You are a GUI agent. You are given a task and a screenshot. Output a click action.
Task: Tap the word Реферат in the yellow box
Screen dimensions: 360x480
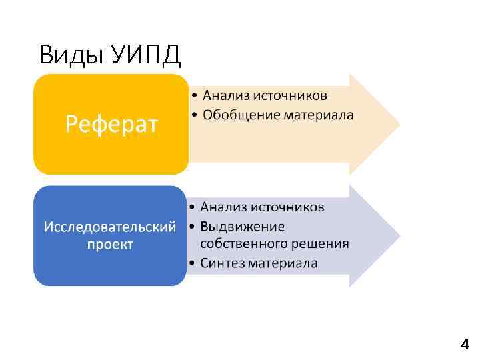tap(111, 124)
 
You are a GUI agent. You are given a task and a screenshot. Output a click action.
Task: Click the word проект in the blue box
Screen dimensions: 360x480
tap(110, 244)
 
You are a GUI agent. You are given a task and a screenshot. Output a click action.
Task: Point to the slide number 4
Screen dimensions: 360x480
tap(465, 345)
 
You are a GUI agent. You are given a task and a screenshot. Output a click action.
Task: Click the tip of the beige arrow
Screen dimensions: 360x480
tap(398, 124)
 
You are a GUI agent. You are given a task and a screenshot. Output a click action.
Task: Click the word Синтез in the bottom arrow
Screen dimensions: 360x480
tap(222, 263)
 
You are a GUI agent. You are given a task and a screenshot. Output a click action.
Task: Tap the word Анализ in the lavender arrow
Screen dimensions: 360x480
tap(223, 207)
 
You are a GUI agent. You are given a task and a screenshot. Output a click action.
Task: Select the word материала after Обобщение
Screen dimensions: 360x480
tap(319, 115)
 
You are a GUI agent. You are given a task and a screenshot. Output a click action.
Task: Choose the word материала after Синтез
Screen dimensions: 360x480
tap(283, 263)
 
